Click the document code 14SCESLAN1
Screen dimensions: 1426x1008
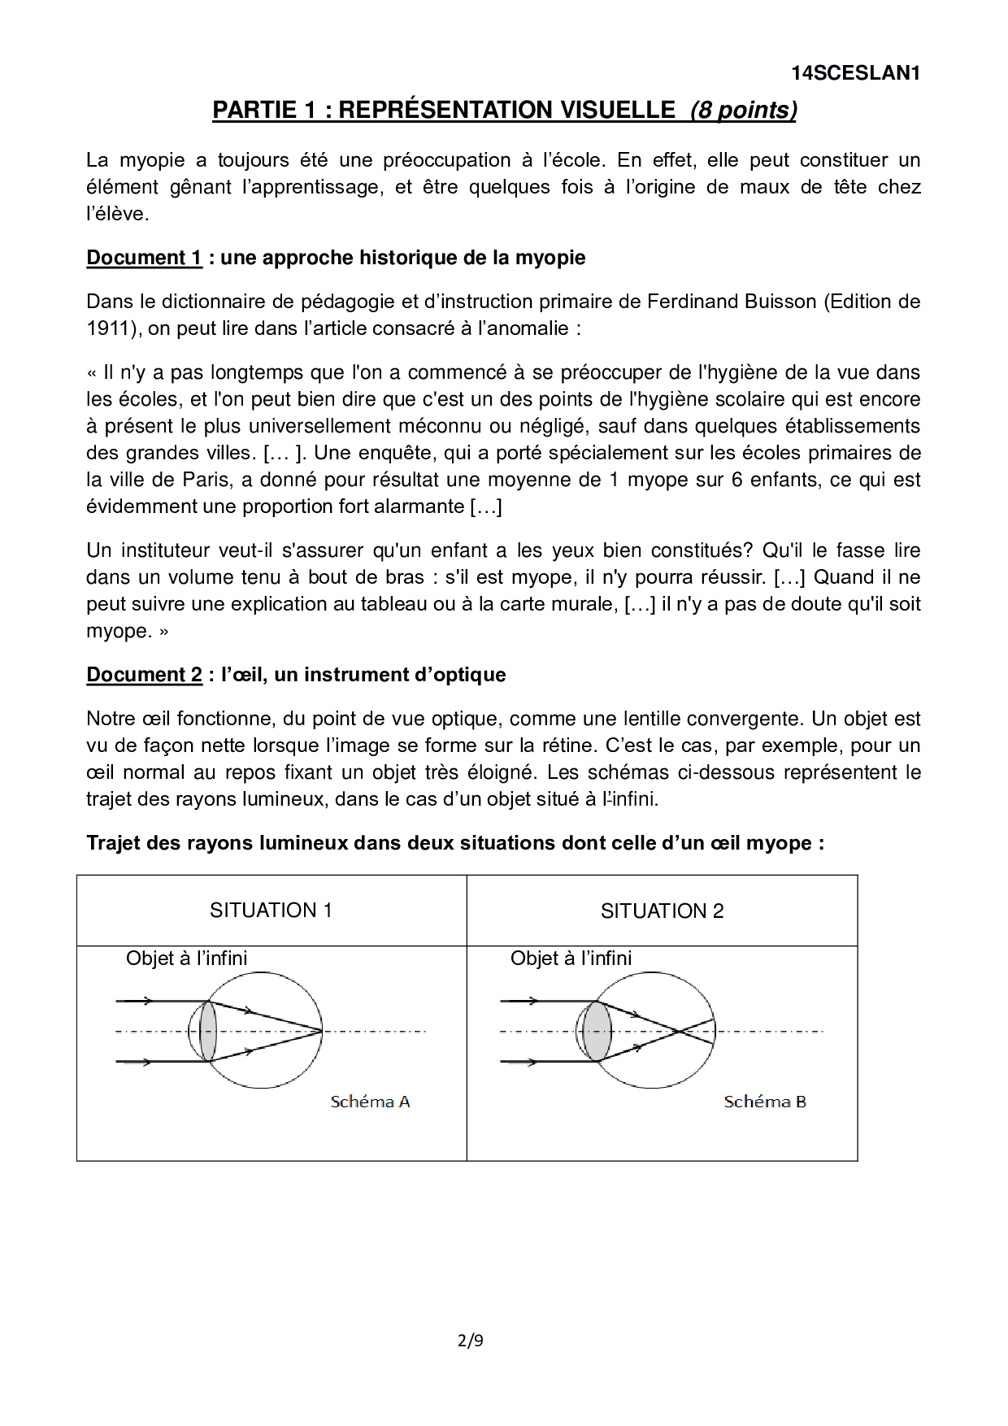pyautogui.click(x=855, y=73)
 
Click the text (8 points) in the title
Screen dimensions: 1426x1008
pyautogui.click(x=743, y=111)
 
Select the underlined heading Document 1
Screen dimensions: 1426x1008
pyautogui.click(x=144, y=258)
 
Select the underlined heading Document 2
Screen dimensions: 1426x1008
pyautogui.click(x=144, y=675)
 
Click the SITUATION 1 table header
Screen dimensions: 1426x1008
pyautogui.click(x=271, y=910)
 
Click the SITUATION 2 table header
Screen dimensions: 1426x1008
pyautogui.click(x=662, y=911)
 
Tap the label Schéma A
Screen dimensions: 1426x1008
pyautogui.click(x=370, y=1102)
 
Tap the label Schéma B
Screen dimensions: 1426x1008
pyautogui.click(x=765, y=1102)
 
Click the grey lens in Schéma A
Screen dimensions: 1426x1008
pyautogui.click(x=208, y=1031)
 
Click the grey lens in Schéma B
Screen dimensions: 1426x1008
pyautogui.click(x=597, y=1031)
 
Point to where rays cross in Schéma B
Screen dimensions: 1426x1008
pyautogui.click(x=678, y=1032)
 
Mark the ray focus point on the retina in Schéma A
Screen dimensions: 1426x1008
pyautogui.click(x=322, y=1031)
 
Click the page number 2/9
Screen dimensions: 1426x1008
pyautogui.click(x=471, y=1341)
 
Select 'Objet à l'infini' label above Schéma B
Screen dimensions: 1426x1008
pyautogui.click(x=571, y=959)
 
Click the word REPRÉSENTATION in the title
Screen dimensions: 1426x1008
pyautogui.click(x=506, y=111)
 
